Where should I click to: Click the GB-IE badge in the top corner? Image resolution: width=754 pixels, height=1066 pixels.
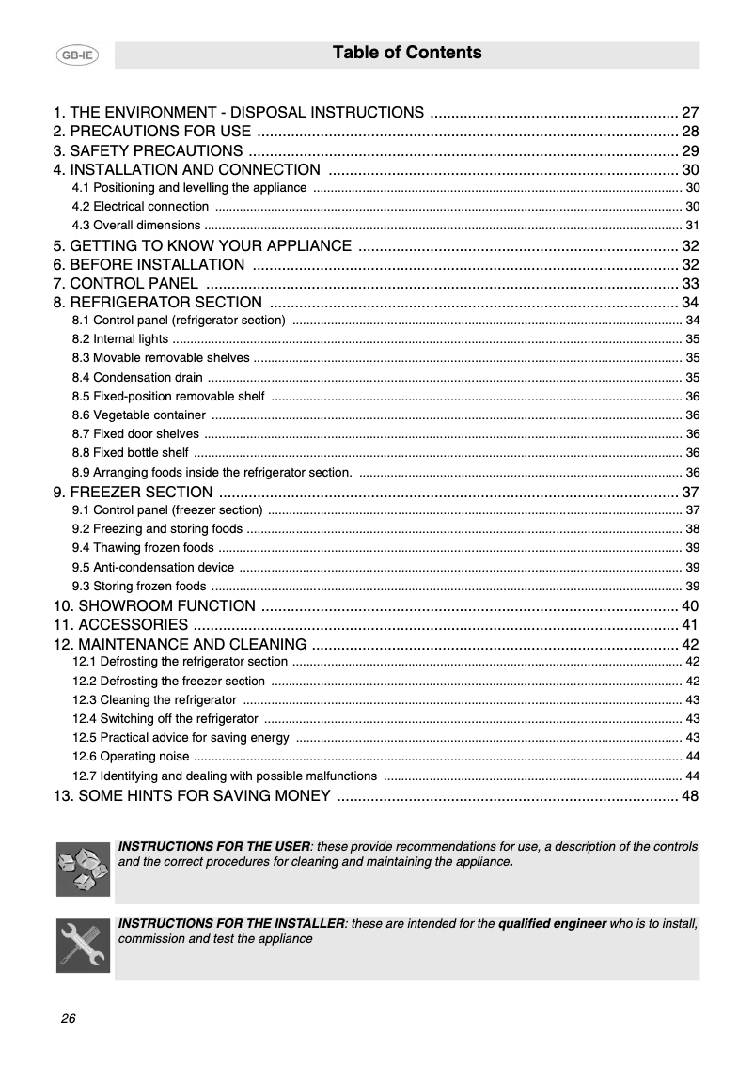(77, 55)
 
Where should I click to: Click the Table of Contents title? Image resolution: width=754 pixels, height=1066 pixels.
(407, 54)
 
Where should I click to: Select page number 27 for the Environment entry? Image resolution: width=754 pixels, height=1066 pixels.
(690, 112)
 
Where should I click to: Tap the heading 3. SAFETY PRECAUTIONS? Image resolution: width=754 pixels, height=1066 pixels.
(148, 151)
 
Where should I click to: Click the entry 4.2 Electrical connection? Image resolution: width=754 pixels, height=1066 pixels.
(140, 207)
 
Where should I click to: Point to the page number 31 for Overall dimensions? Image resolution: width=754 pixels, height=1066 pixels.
(692, 226)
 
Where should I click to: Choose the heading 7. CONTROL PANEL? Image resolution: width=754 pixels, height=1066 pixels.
(126, 283)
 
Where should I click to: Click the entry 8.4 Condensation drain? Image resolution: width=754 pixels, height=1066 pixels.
(136, 378)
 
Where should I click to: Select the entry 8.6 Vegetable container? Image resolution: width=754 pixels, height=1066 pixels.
(138, 415)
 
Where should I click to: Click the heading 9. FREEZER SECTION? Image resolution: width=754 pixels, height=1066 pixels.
(133, 493)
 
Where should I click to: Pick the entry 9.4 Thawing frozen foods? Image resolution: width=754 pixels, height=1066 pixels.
(142, 548)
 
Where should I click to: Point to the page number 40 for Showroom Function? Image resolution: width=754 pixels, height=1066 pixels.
(690, 605)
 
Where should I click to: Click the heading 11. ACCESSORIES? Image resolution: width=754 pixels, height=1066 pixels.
(120, 625)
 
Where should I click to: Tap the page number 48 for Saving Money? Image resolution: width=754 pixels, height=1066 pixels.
(690, 796)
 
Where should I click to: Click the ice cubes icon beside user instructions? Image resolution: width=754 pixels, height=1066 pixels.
(83, 869)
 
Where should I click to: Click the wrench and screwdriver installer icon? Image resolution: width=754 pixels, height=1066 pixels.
(83, 945)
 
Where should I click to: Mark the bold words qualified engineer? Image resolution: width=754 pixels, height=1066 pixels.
(552, 924)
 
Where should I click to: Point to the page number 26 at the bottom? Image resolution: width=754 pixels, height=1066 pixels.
(68, 1019)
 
